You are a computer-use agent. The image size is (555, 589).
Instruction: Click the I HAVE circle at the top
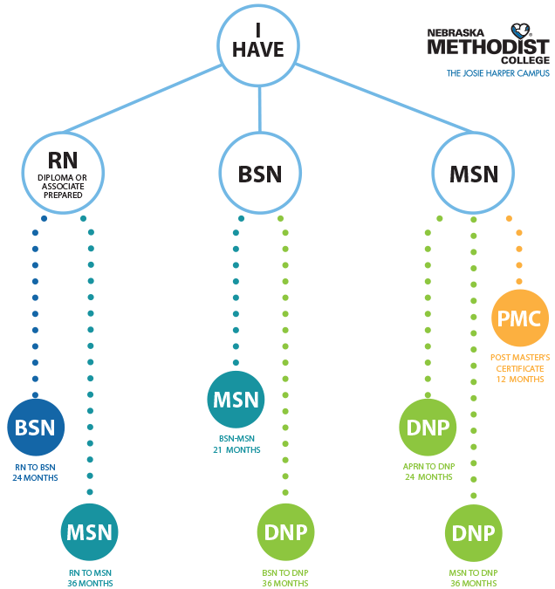(258, 40)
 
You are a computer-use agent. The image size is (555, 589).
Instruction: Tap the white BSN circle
(260, 173)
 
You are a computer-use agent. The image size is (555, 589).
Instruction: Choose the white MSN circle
(473, 173)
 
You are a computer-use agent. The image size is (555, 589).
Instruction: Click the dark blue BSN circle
(35, 428)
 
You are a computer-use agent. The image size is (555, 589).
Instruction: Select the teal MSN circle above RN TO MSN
(90, 532)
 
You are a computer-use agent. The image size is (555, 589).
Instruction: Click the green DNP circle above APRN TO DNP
(428, 428)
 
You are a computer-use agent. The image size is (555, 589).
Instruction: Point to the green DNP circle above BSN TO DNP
(285, 532)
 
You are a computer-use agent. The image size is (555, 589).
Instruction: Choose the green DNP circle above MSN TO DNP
(474, 533)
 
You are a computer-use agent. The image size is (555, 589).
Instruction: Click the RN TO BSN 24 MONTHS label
(35, 472)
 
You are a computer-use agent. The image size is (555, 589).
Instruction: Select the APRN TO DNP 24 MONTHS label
(428, 472)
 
